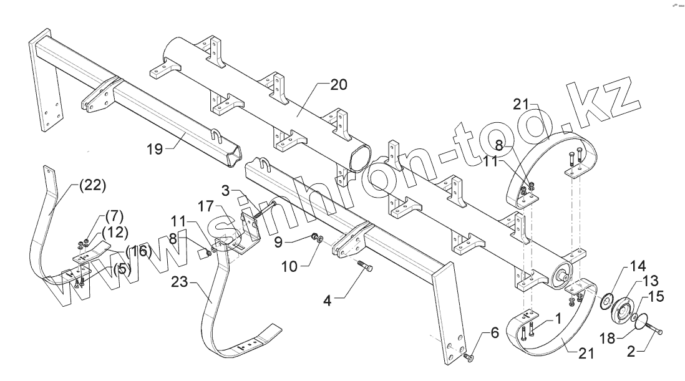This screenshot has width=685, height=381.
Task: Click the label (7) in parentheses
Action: pyautogui.click(x=114, y=217)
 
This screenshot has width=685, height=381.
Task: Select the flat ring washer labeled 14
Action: pyautogui.click(x=605, y=304)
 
